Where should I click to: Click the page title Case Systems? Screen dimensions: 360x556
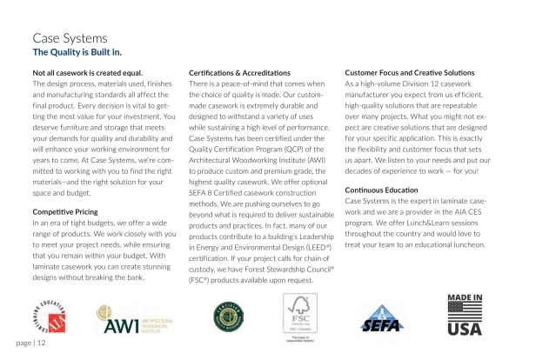70,39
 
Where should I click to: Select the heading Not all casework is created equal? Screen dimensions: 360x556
86,71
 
